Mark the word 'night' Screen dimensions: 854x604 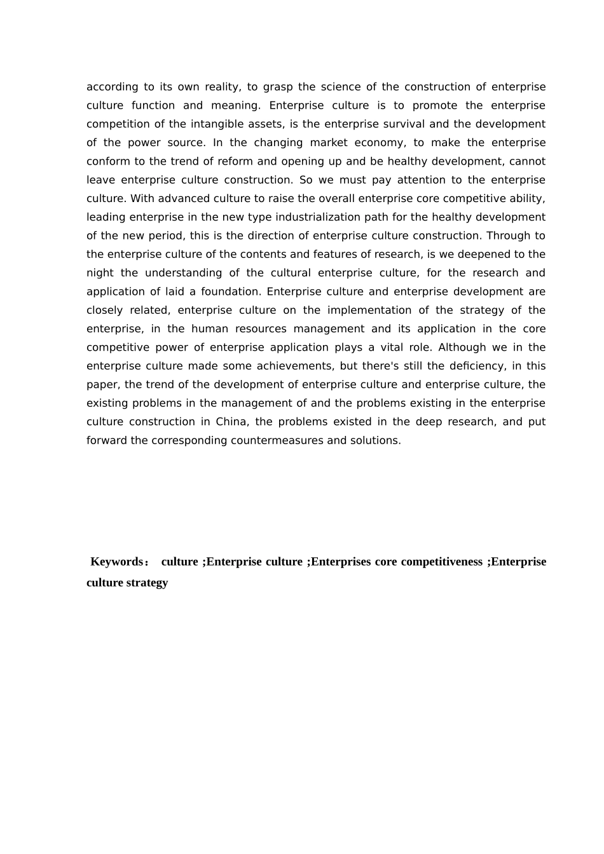point(100,273)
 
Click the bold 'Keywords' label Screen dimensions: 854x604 point(117,562)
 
